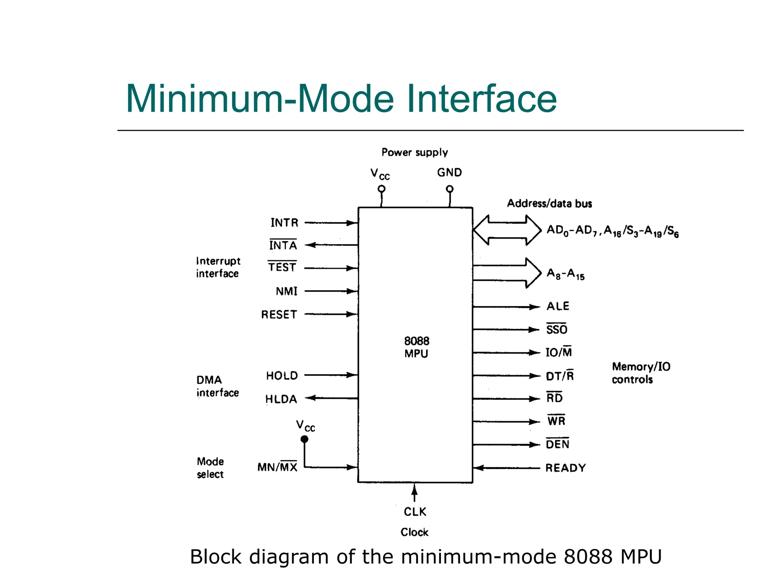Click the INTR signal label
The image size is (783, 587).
click(x=284, y=223)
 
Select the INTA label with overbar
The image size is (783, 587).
click(x=283, y=245)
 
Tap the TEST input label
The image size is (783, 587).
click(x=282, y=267)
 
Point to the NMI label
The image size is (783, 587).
click(x=286, y=292)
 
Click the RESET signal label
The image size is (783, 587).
click(x=279, y=315)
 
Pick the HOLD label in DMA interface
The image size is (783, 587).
click(x=282, y=376)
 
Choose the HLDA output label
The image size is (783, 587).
click(x=281, y=399)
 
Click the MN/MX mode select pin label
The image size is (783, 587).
click(x=277, y=467)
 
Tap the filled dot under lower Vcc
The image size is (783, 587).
click(x=304, y=439)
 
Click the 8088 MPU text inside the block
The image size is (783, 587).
click(x=416, y=347)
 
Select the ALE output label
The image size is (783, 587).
click(x=558, y=306)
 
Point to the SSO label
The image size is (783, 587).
click(x=557, y=329)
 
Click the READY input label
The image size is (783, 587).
click(x=565, y=468)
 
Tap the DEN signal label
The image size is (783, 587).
click(x=557, y=444)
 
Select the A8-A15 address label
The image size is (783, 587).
click(x=565, y=274)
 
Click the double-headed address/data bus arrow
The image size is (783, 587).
click(x=507, y=230)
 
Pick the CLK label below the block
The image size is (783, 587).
click(x=415, y=512)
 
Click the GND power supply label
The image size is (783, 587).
click(x=450, y=172)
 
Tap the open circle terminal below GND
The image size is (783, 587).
click(x=450, y=189)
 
